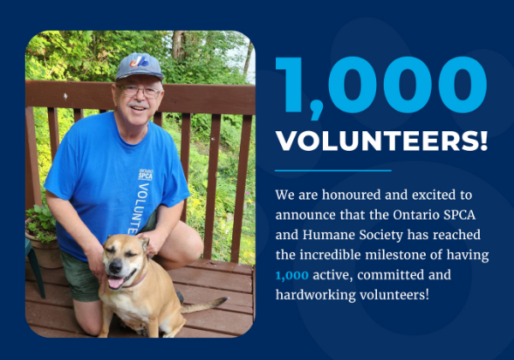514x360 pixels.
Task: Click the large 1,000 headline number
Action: (x=380, y=87)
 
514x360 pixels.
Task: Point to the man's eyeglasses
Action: (x=139, y=89)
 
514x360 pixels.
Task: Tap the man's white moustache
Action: (x=138, y=105)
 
